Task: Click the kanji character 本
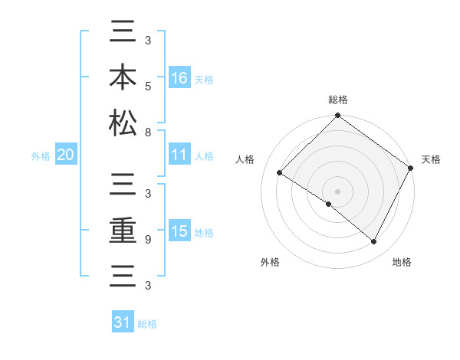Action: [122, 77]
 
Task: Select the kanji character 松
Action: [122, 123]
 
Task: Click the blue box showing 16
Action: [180, 77]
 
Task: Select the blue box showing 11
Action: [180, 155]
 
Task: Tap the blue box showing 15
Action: [180, 231]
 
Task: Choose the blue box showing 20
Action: [65, 155]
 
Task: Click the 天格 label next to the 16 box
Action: [204, 79]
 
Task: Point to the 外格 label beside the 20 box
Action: [41, 156]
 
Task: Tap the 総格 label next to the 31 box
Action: [147, 324]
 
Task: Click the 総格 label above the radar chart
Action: [337, 100]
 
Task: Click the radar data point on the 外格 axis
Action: [329, 204]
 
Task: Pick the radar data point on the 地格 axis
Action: [374, 242]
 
